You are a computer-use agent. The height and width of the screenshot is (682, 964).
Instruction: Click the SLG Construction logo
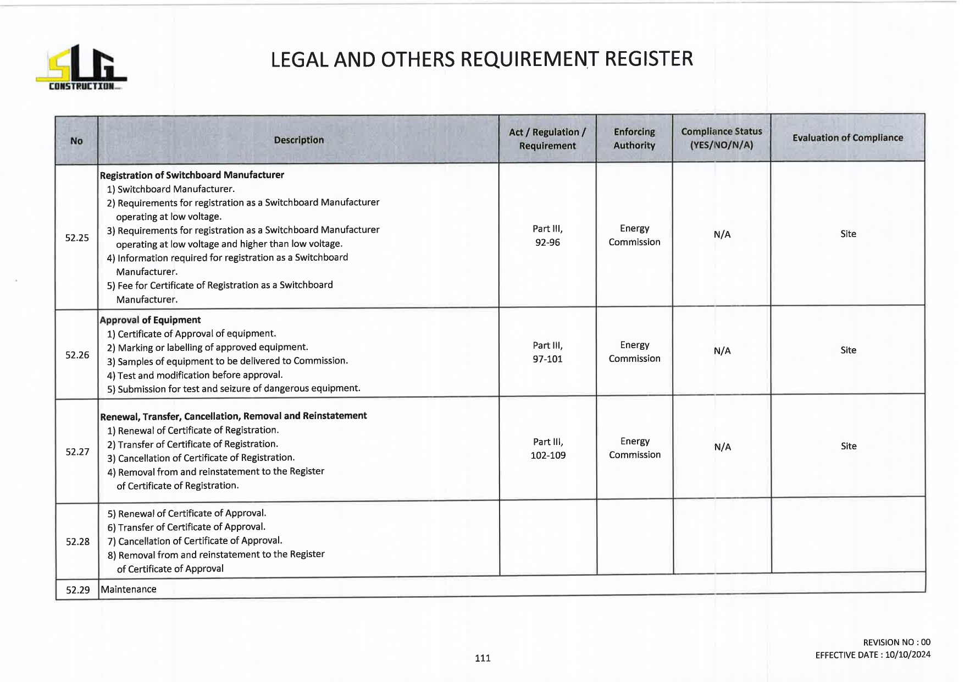point(81,68)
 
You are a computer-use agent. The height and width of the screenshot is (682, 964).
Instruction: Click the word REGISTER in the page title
point(649,59)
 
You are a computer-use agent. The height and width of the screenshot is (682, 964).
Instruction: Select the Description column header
point(298,140)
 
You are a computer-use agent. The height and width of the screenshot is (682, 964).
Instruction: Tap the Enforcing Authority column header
point(634,139)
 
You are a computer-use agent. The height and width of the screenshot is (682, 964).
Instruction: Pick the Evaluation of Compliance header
point(847,138)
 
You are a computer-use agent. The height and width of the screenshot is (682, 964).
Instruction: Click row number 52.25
point(77,238)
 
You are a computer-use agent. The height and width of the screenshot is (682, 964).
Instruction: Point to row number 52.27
point(77,452)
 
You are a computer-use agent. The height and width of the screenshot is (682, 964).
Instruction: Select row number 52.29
point(77,590)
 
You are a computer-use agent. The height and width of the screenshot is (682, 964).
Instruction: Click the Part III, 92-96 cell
point(547,235)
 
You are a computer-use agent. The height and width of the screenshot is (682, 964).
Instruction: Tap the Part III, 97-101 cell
point(547,352)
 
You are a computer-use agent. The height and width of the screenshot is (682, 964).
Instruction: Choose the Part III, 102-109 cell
point(548,448)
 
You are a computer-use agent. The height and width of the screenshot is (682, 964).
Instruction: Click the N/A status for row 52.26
point(722,351)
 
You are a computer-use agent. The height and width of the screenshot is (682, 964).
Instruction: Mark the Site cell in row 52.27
point(849,446)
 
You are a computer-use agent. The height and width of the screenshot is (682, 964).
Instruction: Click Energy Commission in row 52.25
point(634,235)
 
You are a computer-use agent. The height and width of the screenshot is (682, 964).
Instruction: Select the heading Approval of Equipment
point(150,320)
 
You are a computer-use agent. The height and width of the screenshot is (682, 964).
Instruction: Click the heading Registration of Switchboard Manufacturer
point(192,175)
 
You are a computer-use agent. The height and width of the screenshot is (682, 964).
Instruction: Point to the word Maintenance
point(129,589)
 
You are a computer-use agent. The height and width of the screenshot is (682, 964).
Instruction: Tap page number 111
point(483,658)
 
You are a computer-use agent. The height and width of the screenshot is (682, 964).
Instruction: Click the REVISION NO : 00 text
point(896,642)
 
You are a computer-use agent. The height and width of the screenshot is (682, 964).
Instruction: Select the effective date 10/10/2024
point(908,654)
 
